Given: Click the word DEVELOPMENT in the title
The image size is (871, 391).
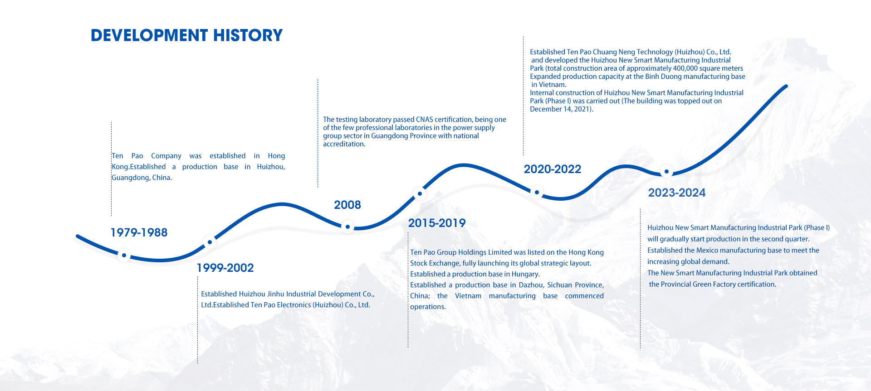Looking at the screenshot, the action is click(149, 35).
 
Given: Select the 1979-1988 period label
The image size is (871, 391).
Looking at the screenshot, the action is click(139, 232).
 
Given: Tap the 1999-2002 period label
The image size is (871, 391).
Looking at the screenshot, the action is click(225, 268).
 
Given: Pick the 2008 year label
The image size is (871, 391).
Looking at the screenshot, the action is click(347, 205).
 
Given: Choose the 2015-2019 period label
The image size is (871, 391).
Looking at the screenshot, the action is click(437, 223).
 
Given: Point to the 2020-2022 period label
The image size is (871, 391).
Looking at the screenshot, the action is click(553, 169).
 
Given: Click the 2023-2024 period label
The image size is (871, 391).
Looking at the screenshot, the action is click(677, 193).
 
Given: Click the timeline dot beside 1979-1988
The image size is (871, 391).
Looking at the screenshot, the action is click(124, 256).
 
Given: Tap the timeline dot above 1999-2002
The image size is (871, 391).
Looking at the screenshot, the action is click(210, 242).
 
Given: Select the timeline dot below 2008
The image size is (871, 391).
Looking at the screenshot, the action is click(347, 227).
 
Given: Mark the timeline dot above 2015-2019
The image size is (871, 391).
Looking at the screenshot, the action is click(420, 193).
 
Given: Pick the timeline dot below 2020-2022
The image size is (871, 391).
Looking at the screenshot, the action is click(537, 192).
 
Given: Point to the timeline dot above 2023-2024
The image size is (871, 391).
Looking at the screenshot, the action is click(666, 172).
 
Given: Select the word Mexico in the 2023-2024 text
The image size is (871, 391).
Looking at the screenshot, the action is click(707, 250).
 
